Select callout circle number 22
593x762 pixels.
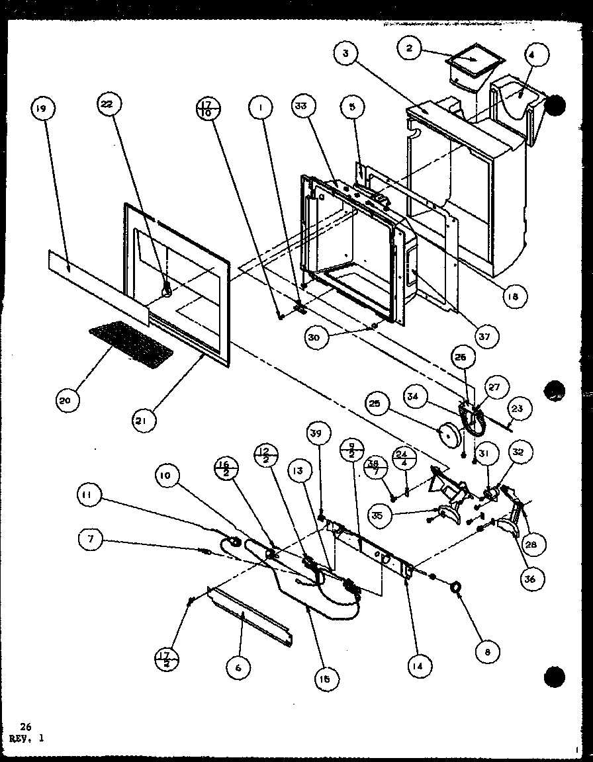108,104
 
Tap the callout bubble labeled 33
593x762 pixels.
306,106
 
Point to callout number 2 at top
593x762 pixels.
410,48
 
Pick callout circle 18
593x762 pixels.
510,297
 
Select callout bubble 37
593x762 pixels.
484,337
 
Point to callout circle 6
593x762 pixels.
238,668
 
